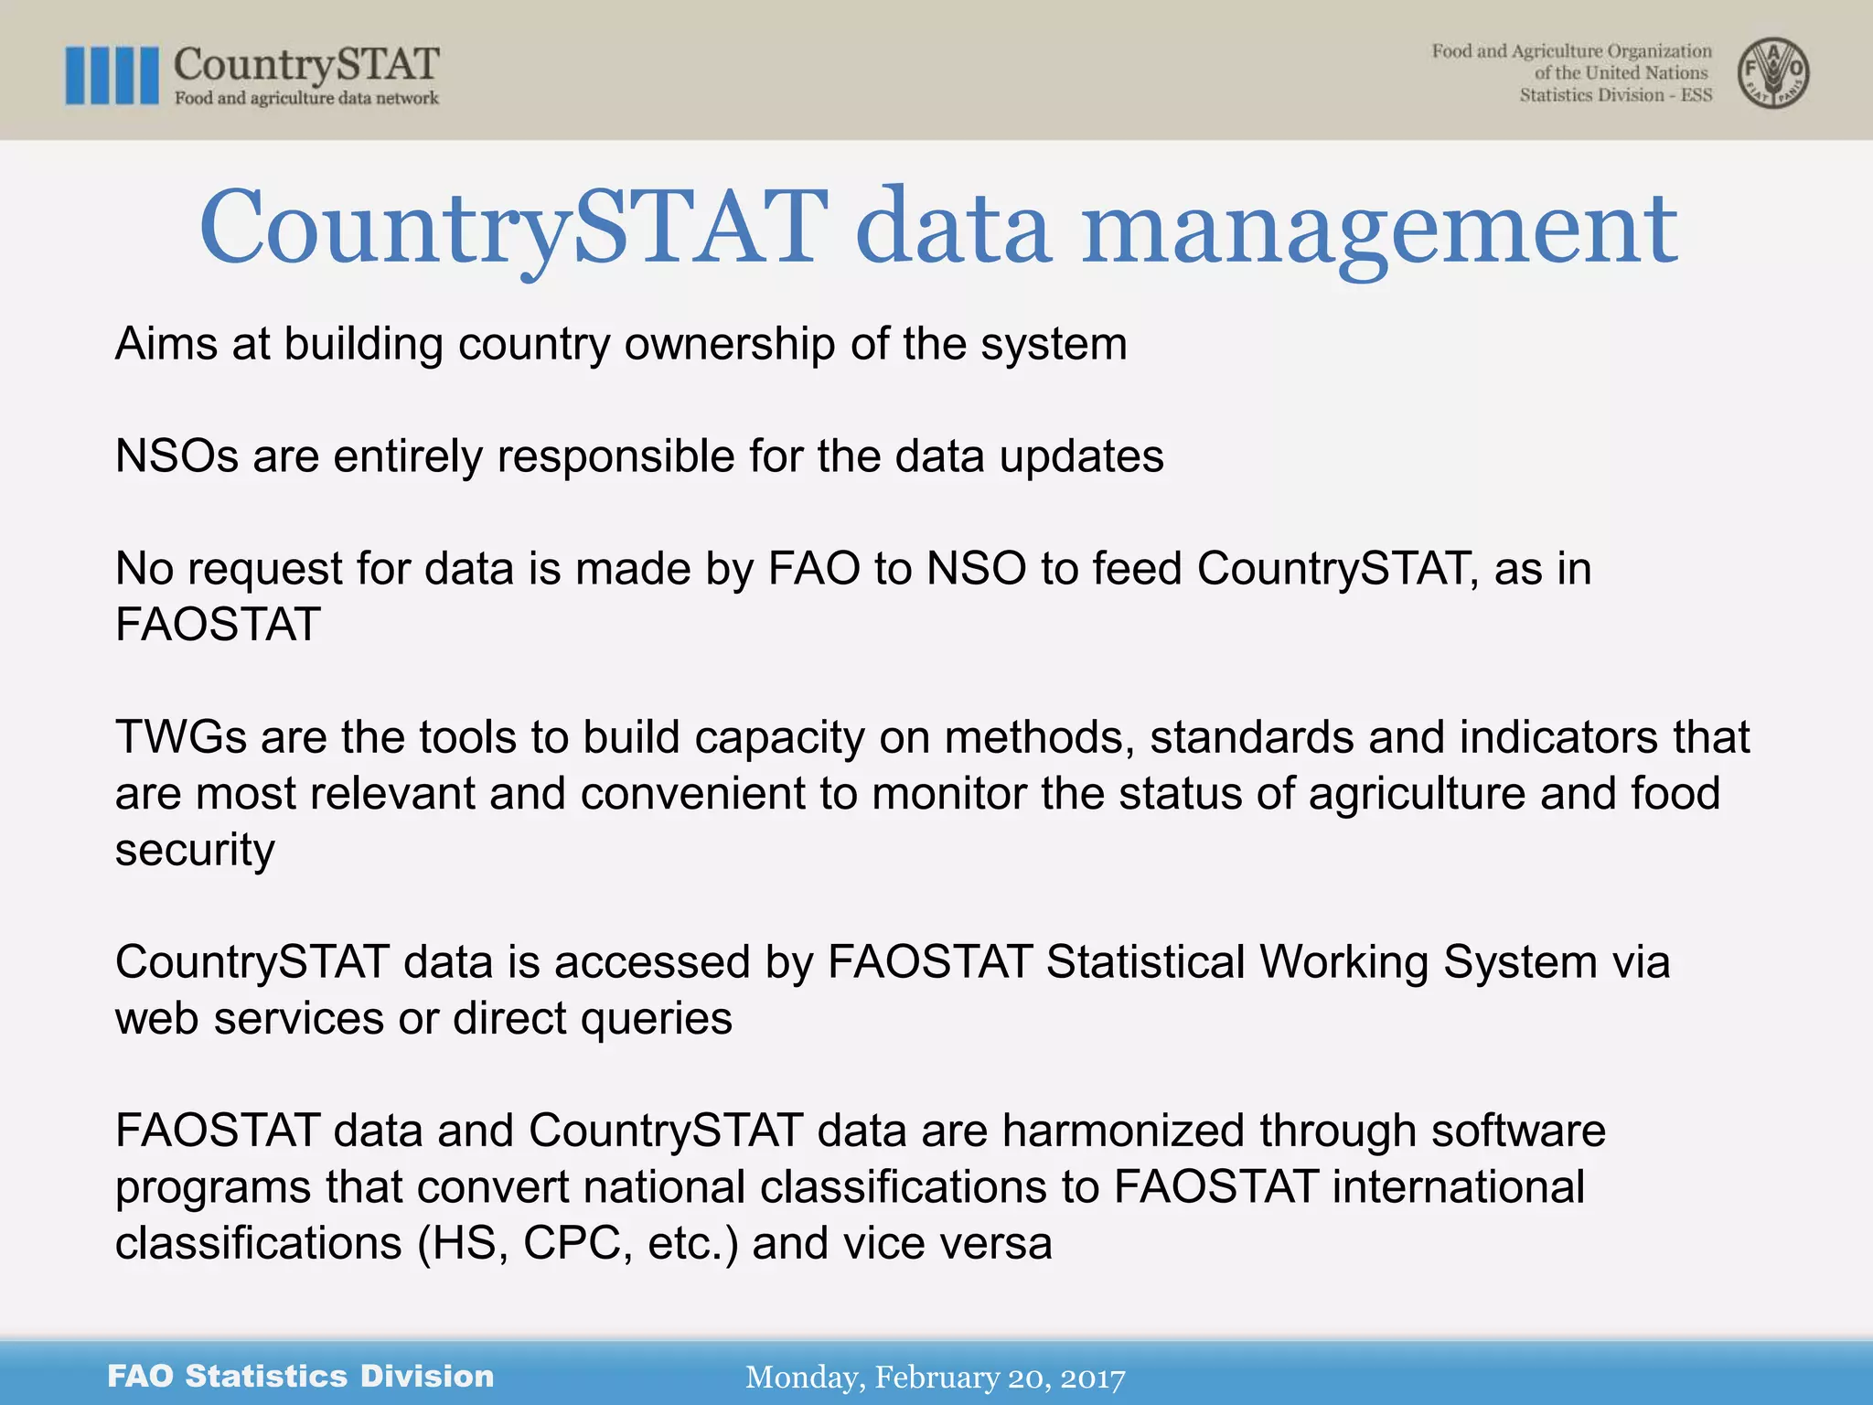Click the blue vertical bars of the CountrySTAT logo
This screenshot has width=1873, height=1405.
pyautogui.click(x=112, y=75)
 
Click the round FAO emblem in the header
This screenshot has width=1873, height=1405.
pyautogui.click(x=1772, y=73)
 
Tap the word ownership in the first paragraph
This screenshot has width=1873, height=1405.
pyautogui.click(x=729, y=345)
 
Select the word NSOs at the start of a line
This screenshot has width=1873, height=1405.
pyautogui.click(x=177, y=456)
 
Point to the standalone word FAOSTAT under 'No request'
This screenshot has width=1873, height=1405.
pyautogui.click(x=218, y=626)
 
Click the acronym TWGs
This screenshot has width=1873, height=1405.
pyautogui.click(x=180, y=737)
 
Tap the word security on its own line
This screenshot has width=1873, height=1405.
pyautogui.click(x=194, y=850)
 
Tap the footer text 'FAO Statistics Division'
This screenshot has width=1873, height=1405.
pyautogui.click(x=300, y=1377)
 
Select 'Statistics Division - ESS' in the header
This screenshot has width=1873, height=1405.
pyautogui.click(x=1615, y=96)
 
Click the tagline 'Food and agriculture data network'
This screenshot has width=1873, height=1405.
pyautogui.click(x=306, y=99)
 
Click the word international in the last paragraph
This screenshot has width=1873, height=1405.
pyautogui.click(x=1458, y=1187)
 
